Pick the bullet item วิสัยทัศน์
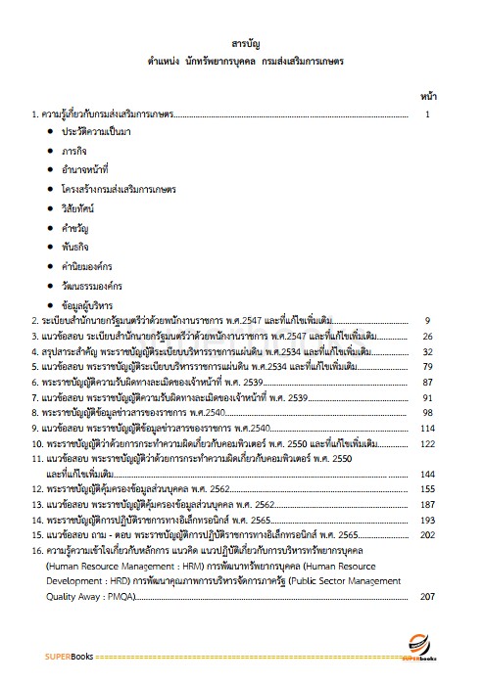[x=82, y=208]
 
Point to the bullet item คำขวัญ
[x=78, y=228]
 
